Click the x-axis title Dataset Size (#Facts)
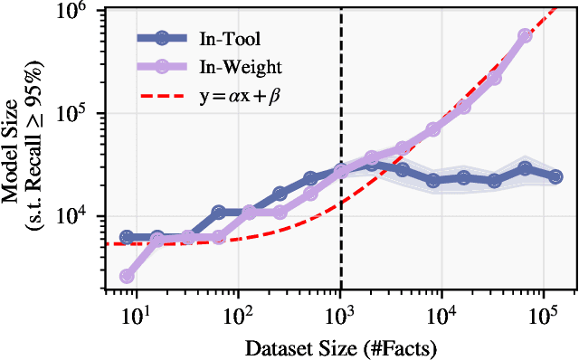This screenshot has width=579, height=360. pos(339,346)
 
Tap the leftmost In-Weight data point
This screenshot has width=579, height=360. pos(127,276)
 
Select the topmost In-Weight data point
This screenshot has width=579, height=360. pos(526,35)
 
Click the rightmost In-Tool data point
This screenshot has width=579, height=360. pos(555,177)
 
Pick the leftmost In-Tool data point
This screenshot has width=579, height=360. pos(127,237)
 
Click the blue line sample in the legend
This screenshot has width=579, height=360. pos(161,38)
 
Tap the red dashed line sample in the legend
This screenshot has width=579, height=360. pos(161,95)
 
